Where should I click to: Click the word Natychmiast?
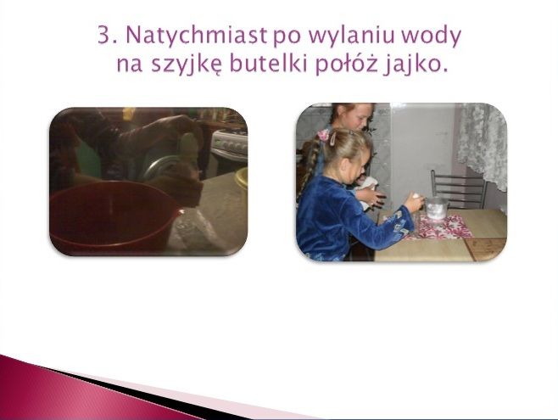[196, 36]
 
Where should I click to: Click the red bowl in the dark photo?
[114, 217]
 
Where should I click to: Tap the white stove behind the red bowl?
[229, 149]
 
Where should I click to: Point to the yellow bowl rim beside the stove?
[242, 177]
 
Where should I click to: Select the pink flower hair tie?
[323, 135]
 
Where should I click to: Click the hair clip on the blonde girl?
[333, 138]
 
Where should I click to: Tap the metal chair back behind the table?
[458, 188]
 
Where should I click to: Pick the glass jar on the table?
[436, 209]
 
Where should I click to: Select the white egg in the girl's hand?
[416, 196]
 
